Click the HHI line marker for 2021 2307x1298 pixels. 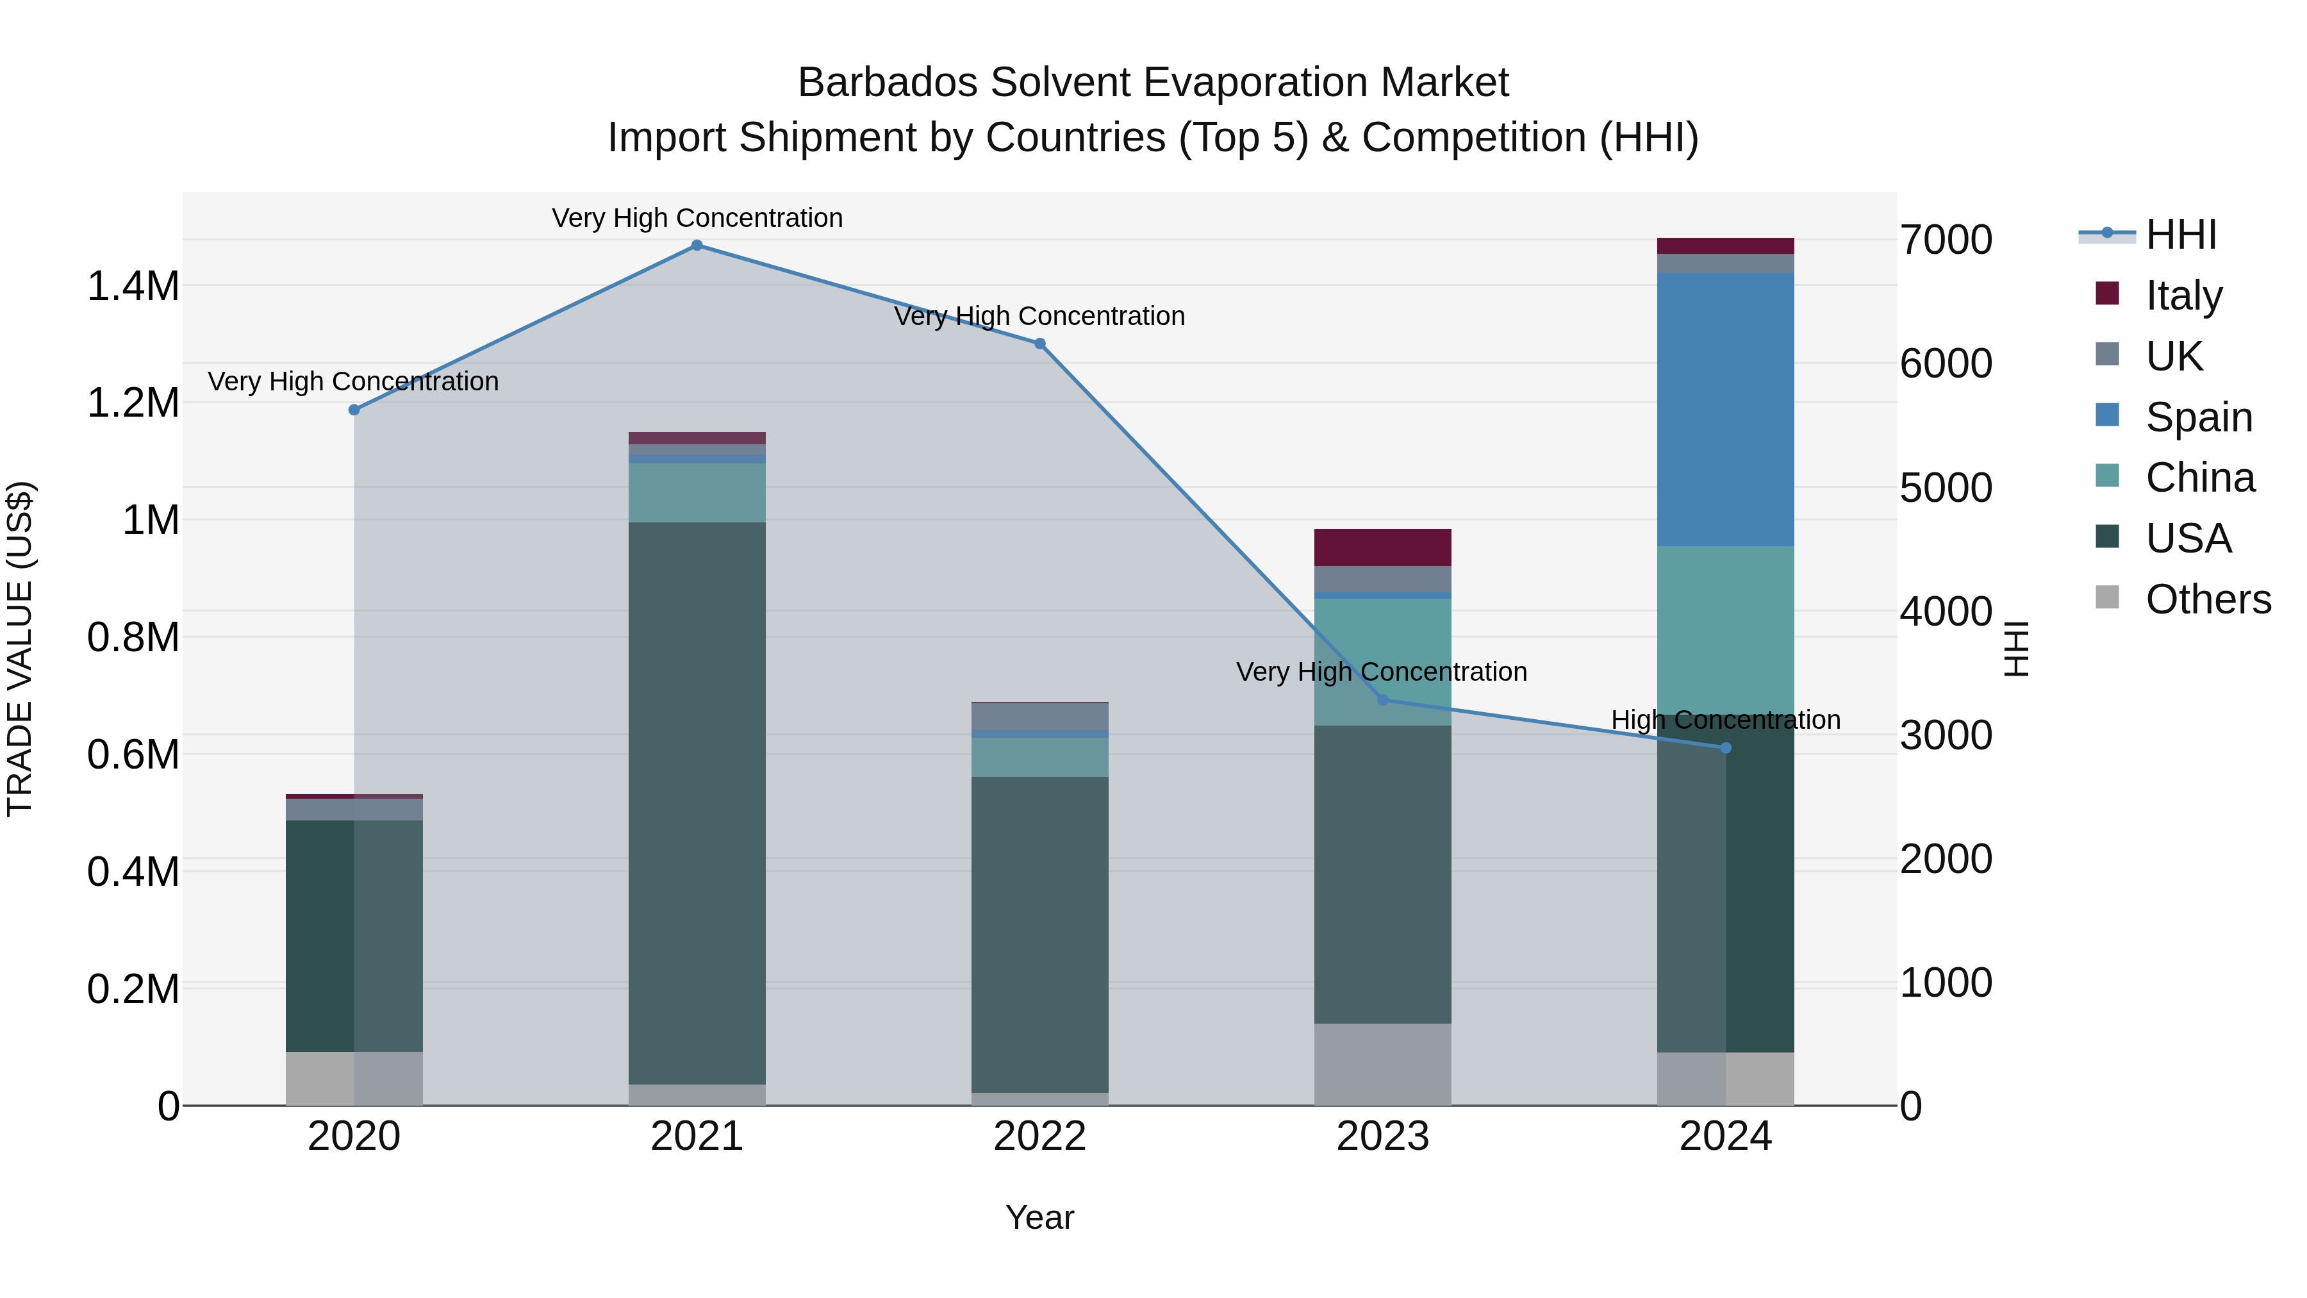tap(697, 245)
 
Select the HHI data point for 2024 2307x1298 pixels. tap(1726, 748)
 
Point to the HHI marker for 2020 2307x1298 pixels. tap(354, 410)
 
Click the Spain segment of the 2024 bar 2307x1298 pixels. tap(1726, 410)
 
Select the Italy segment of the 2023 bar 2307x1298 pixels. tap(1383, 547)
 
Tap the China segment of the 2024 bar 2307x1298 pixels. tap(1726, 627)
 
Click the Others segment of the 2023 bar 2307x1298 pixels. tap(1383, 1064)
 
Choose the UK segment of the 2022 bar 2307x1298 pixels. tap(1040, 717)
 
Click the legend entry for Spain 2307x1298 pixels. tap(2199, 417)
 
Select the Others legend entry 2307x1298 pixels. tap(2208, 599)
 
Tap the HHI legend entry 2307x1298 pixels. tap(2181, 235)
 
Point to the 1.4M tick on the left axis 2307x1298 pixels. tap(133, 287)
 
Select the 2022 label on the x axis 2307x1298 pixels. tap(1040, 1136)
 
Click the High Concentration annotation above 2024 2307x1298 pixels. tap(1726, 720)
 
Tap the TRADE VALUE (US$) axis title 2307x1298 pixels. tap(20, 649)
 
